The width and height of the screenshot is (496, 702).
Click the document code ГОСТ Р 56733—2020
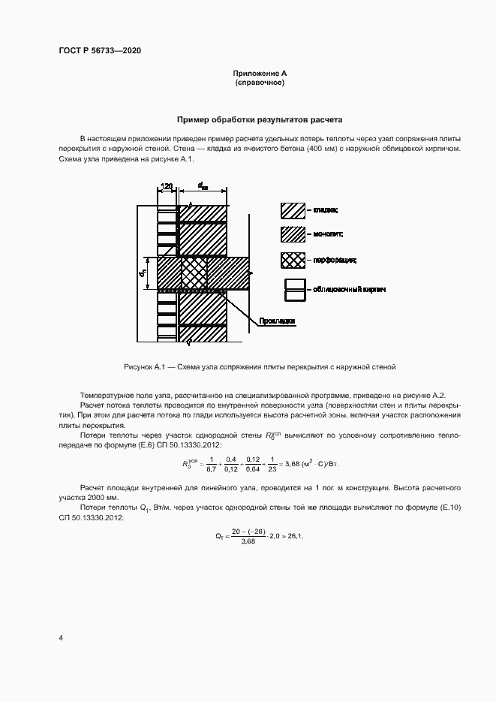100,50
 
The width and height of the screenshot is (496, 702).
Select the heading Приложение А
260,73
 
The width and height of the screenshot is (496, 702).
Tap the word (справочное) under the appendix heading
260,83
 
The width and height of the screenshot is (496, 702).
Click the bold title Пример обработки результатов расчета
260,119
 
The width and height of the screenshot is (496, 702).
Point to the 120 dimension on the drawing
167,185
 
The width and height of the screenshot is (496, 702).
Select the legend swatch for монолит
293,234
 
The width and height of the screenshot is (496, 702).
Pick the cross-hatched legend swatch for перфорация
293,261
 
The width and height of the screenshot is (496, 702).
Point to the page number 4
61,637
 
